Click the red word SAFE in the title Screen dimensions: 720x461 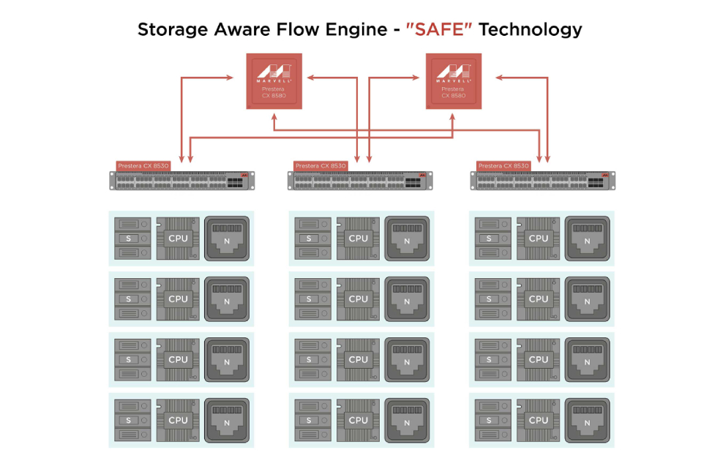[x=438, y=29]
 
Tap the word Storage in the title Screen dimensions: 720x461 [x=173, y=30]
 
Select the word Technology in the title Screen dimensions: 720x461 [x=530, y=30]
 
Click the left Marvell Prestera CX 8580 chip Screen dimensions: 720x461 [x=274, y=81]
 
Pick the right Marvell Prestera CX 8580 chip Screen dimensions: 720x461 [x=454, y=81]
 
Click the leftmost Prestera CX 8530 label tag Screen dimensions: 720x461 [x=143, y=166]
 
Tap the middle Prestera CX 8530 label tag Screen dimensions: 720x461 [x=320, y=166]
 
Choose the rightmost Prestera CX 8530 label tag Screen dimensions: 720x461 [x=503, y=166]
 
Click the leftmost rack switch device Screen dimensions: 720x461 [x=182, y=181]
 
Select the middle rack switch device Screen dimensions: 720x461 [x=360, y=181]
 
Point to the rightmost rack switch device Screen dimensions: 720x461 [x=543, y=181]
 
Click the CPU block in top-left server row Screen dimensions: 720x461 [x=178, y=239]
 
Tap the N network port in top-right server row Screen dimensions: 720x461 [x=588, y=239]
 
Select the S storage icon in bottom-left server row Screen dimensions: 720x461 [x=132, y=420]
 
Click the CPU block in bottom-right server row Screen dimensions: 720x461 [x=539, y=420]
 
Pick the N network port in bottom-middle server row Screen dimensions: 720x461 [x=407, y=420]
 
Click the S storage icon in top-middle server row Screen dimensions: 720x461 [x=312, y=239]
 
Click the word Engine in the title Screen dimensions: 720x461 [x=356, y=30]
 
